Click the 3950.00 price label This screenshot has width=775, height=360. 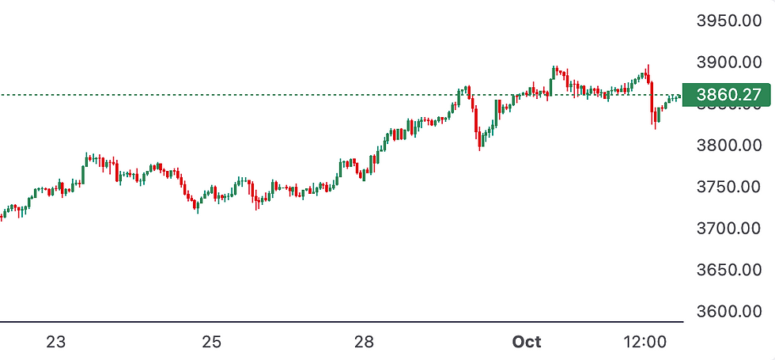728,20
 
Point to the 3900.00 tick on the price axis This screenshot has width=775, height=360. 728,62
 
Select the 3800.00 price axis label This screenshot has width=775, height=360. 728,146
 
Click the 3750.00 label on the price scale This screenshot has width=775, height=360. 728,187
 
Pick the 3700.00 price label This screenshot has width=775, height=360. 728,229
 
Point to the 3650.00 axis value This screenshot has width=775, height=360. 728,271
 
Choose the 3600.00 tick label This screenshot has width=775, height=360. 728,312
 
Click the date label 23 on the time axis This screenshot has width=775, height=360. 55,343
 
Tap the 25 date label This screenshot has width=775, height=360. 211,343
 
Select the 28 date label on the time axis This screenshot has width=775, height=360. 363,343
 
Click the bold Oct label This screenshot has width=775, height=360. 527,343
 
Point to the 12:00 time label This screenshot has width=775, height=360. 645,343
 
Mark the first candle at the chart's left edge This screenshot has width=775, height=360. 2,215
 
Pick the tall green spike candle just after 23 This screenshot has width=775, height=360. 85,166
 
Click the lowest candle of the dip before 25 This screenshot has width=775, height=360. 197,206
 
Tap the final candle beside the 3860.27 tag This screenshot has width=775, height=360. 679,96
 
